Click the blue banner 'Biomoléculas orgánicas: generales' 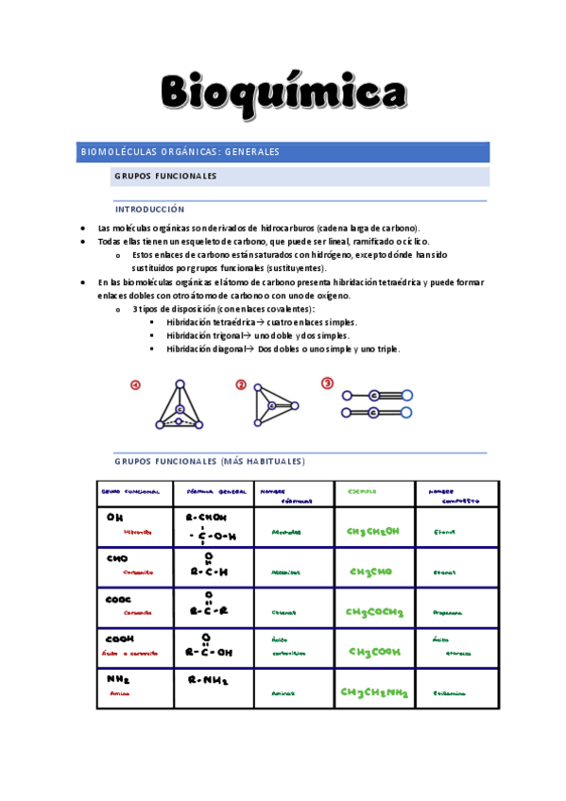180,151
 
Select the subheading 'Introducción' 149,209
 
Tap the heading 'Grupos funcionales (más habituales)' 209,461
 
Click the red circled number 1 135,385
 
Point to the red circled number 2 241,384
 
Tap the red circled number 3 327,383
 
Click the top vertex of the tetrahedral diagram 180,383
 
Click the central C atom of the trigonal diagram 271,406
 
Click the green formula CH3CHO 370,571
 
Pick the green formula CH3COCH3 374,612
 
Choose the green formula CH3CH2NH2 374,692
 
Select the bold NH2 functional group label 117,678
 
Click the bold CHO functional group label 117,558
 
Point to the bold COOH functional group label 120,639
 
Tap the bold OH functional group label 115,517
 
